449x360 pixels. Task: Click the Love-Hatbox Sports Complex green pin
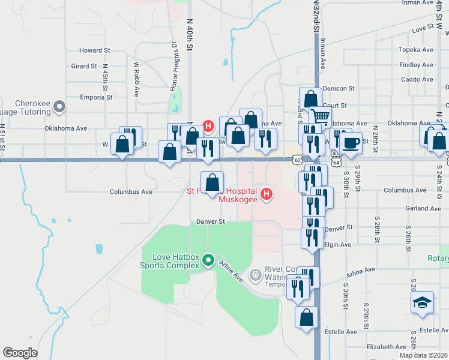pyautogui.click(x=208, y=260)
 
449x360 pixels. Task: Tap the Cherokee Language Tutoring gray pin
pyautogui.click(x=59, y=107)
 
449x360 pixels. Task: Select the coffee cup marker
pyautogui.click(x=351, y=143)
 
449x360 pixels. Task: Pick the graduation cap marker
pyautogui.click(x=422, y=302)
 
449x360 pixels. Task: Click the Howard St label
pyautogui.click(x=95, y=51)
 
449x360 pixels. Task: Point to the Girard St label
pyautogui.click(x=84, y=67)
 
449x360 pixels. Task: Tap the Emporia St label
pyautogui.click(x=97, y=97)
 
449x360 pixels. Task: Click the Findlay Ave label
pyautogui.click(x=416, y=65)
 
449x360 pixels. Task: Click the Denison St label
pyautogui.click(x=339, y=89)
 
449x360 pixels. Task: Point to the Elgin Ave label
pyautogui.click(x=337, y=245)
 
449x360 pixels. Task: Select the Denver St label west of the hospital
pyautogui.click(x=210, y=221)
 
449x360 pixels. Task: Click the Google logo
pyautogui.click(x=20, y=352)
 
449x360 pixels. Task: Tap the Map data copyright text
pyautogui.click(x=424, y=355)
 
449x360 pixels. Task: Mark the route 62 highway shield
pyautogui.click(x=297, y=159)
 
